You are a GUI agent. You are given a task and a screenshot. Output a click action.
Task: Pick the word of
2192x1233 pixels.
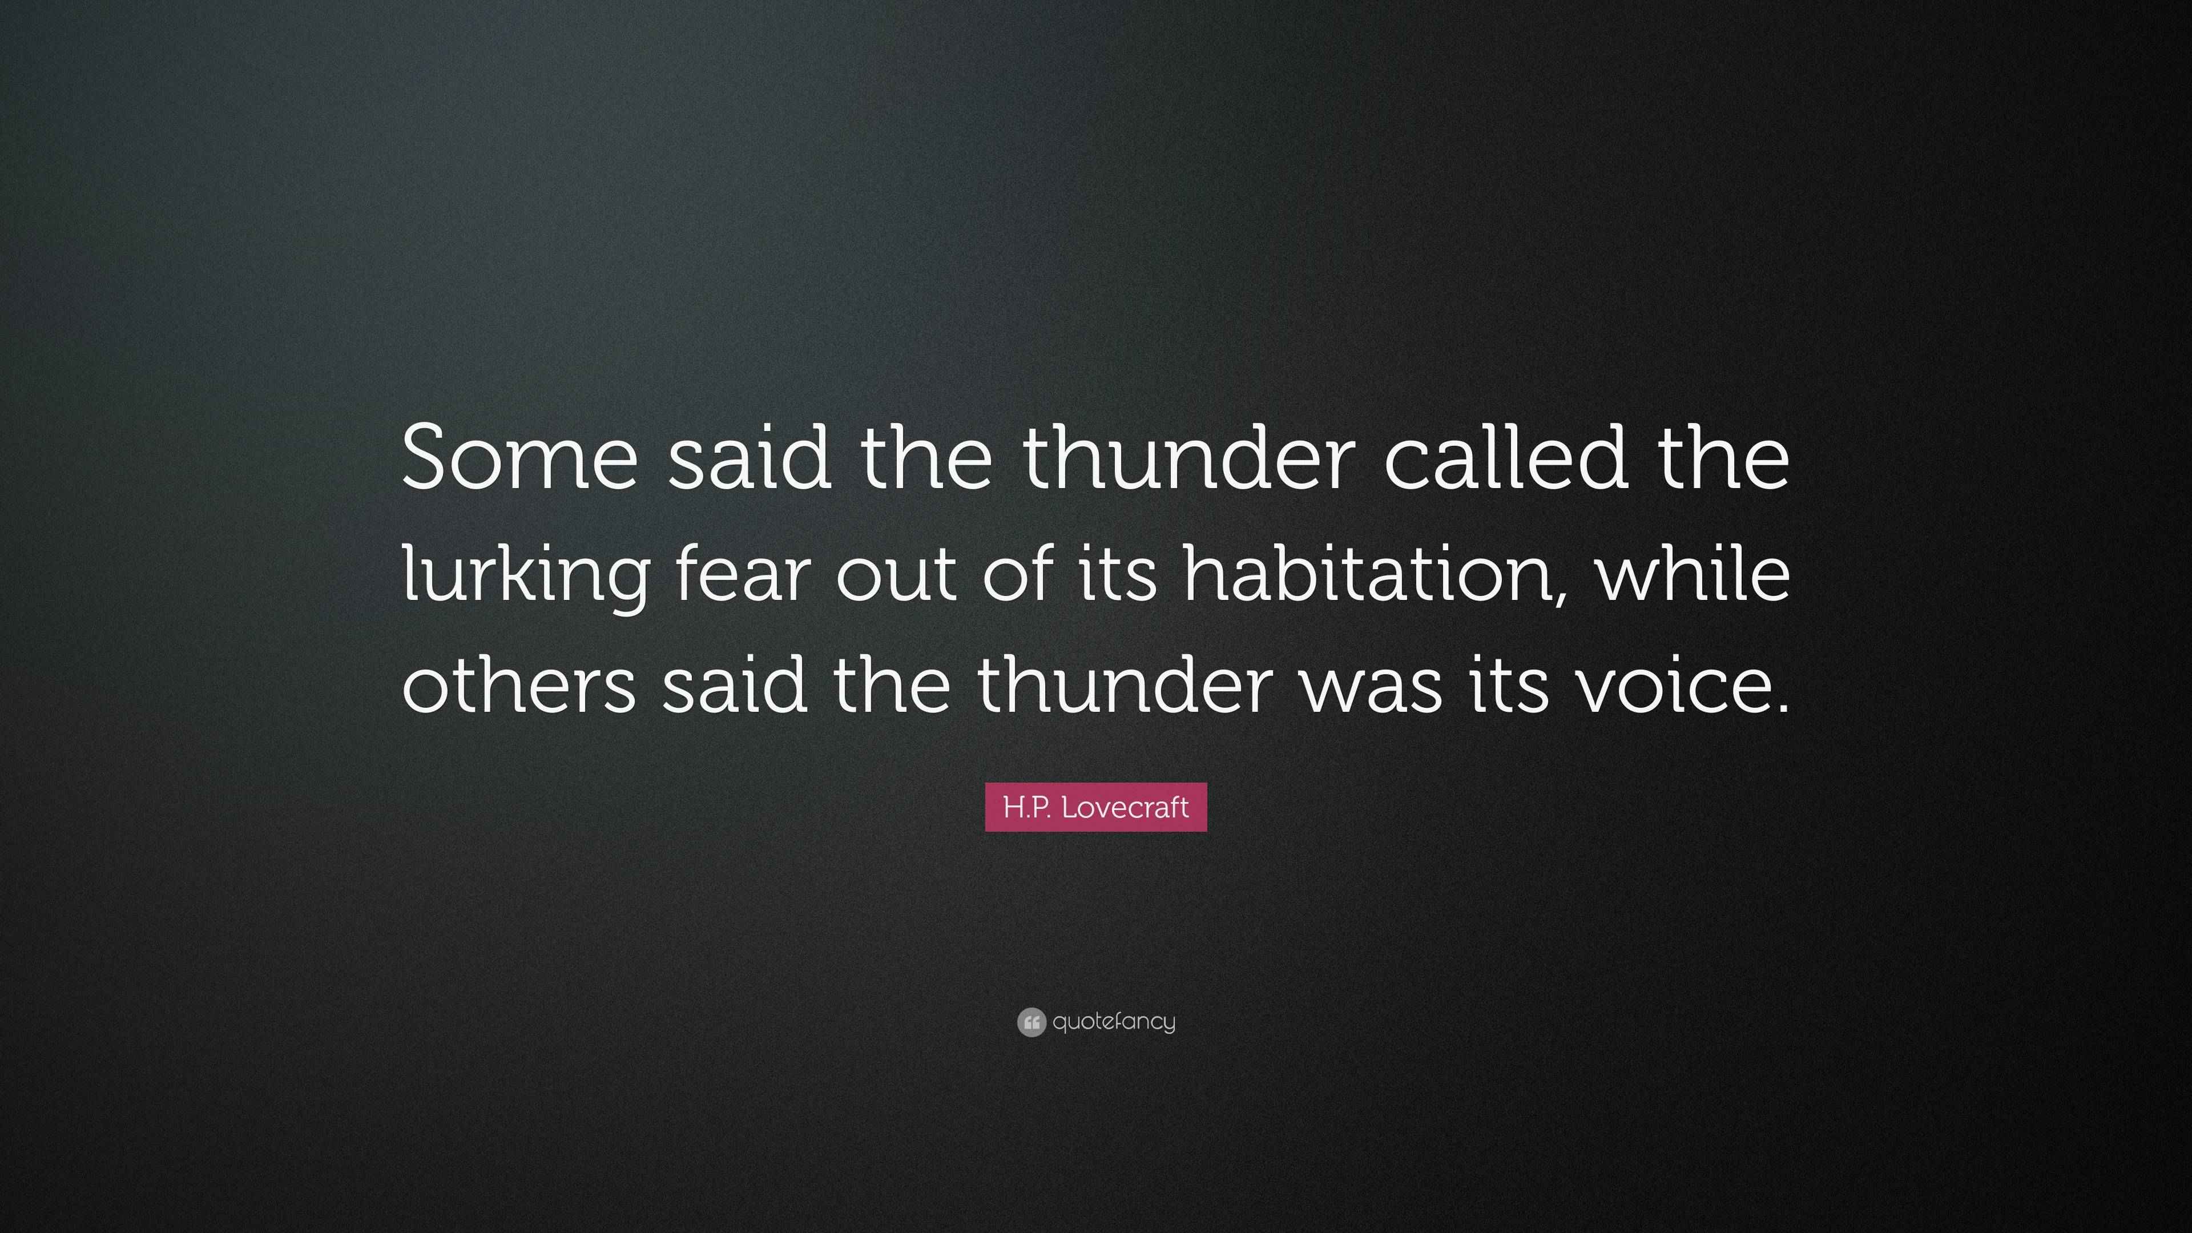click(x=1017, y=572)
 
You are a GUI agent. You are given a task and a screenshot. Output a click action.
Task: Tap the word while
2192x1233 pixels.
click(x=1693, y=572)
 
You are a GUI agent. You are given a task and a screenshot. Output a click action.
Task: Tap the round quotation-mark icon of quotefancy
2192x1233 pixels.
click(x=1031, y=1022)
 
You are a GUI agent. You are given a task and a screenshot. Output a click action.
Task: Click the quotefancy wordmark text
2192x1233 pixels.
click(x=1114, y=1022)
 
